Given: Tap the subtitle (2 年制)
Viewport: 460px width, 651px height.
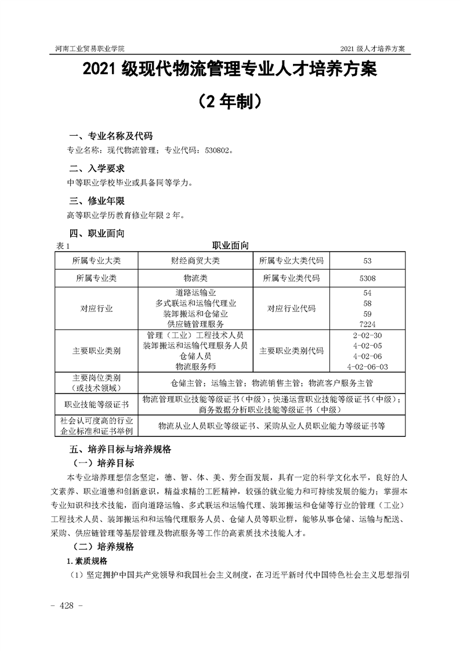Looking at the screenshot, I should (x=230, y=101).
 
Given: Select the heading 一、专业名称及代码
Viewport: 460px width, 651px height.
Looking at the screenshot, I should (x=111, y=136).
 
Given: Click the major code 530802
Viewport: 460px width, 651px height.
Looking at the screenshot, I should (x=218, y=150).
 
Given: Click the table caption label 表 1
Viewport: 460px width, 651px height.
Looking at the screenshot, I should (x=61, y=245).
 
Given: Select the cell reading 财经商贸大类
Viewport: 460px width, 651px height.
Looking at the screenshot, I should (x=195, y=261).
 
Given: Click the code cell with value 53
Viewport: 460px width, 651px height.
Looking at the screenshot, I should (x=367, y=261).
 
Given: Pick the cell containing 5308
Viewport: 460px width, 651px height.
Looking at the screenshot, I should (x=367, y=278).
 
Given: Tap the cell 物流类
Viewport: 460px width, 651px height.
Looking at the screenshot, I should (x=195, y=278).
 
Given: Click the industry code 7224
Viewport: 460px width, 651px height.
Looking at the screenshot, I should (x=367, y=324).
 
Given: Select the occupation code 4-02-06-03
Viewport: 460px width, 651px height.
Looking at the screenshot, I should (x=367, y=367).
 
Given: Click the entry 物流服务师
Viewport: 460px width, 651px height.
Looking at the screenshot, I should (x=195, y=367).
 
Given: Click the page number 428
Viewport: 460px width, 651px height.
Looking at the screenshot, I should (x=69, y=605).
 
